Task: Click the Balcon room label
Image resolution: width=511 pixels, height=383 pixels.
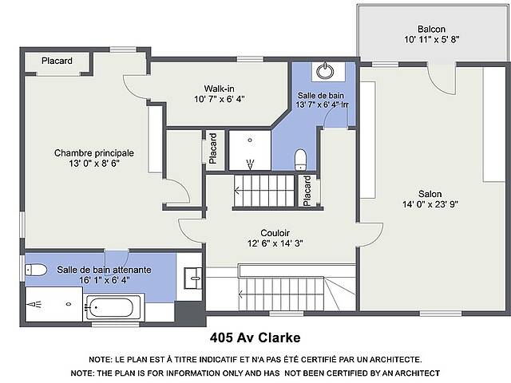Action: [431, 29]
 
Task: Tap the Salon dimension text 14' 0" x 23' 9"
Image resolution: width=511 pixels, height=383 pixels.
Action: [430, 204]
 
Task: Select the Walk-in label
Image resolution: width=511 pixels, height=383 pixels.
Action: [219, 89]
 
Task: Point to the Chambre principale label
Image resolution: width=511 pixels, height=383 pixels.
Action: [94, 153]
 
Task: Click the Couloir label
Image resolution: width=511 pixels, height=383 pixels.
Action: [275, 233]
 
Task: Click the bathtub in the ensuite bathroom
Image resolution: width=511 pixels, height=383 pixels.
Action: [111, 308]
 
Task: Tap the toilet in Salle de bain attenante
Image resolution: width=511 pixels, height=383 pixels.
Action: [36, 270]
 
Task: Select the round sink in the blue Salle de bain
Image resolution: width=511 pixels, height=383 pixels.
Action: [325, 71]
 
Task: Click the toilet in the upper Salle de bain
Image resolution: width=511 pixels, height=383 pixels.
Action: [300, 160]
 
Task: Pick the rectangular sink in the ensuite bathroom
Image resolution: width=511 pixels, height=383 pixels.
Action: [193, 278]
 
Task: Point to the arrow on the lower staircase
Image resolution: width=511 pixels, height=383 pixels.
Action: [241, 294]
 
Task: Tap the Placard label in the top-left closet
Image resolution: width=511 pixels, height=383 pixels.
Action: [57, 61]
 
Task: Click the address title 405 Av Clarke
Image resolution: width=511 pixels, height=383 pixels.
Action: [255, 338]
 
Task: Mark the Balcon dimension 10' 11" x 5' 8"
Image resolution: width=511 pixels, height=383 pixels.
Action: [432, 40]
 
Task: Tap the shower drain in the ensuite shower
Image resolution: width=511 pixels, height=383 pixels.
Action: [69, 304]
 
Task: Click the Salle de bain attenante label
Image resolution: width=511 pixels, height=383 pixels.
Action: [104, 270]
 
